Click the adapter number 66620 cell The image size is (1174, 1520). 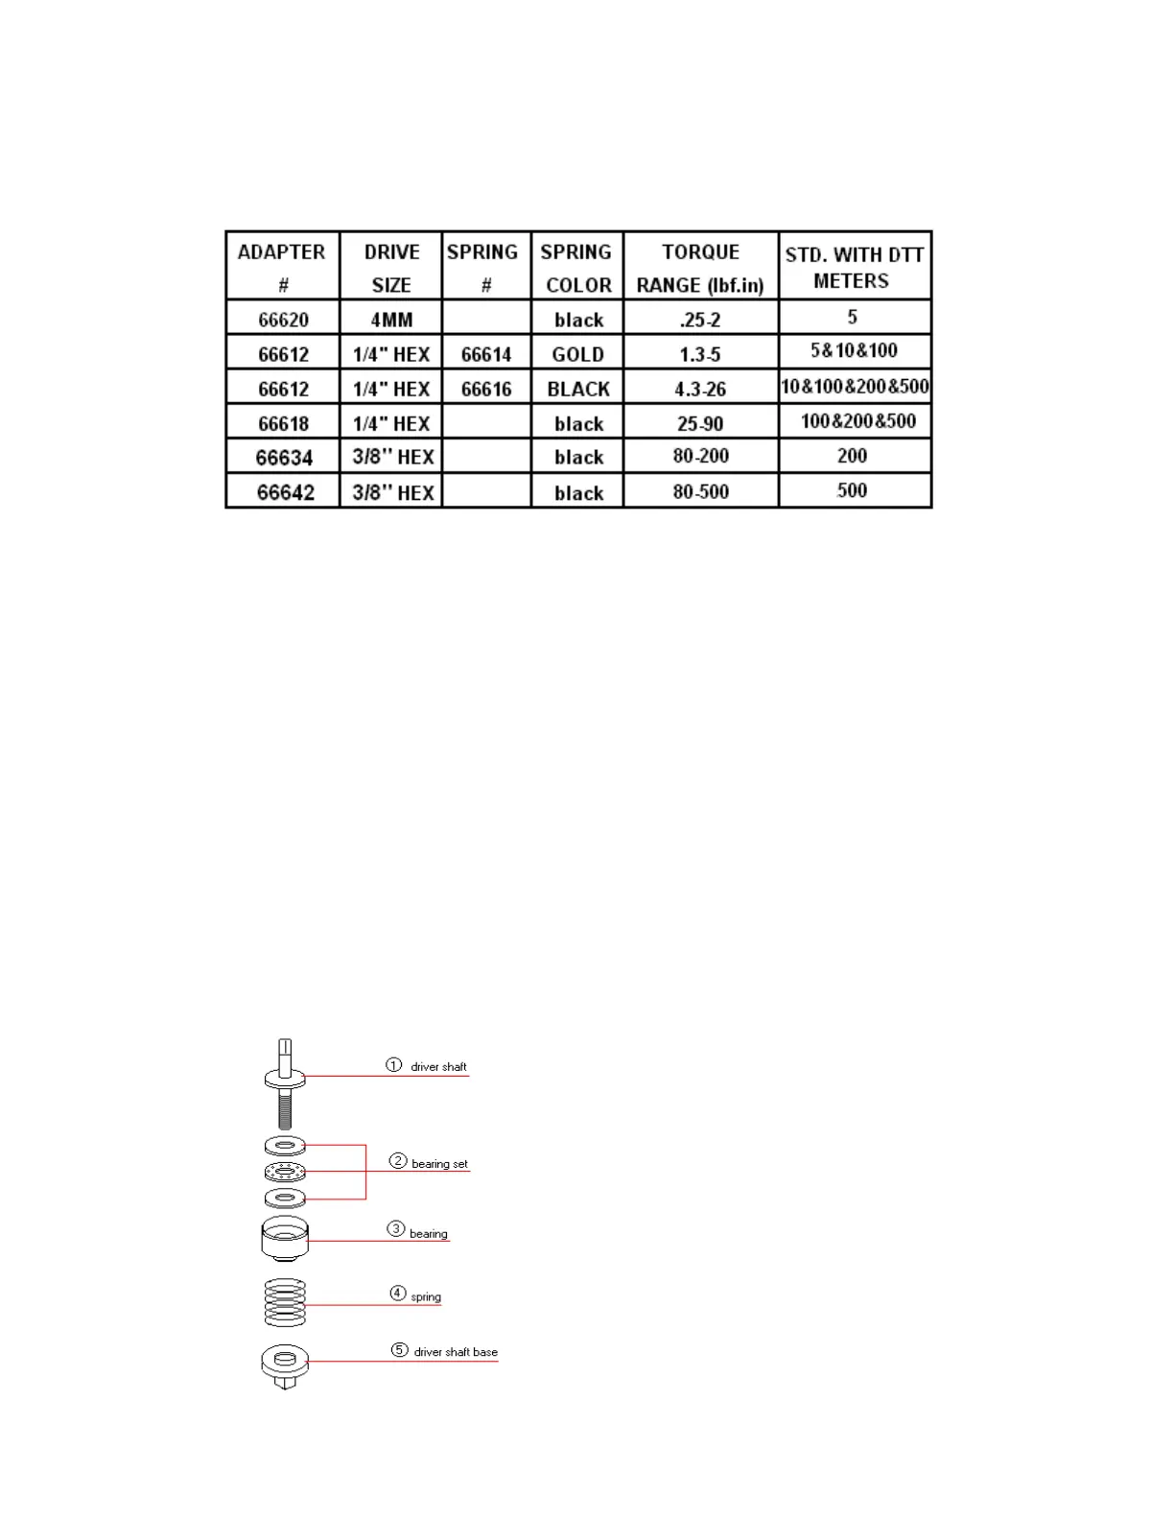click(283, 320)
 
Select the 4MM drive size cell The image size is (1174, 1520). click(391, 320)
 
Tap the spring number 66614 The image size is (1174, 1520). click(486, 354)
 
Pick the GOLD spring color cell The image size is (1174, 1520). click(577, 354)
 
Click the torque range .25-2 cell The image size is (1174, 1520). click(700, 320)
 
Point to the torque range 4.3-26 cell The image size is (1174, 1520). click(700, 389)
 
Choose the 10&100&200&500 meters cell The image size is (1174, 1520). click(855, 387)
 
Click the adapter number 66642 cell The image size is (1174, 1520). click(285, 492)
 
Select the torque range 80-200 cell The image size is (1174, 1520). click(700, 456)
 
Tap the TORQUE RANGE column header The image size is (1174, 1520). click(700, 268)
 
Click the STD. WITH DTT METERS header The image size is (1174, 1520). click(854, 268)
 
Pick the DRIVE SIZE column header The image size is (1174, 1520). click(391, 268)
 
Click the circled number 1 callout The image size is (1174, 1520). click(393, 1065)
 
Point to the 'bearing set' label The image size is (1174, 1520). click(439, 1164)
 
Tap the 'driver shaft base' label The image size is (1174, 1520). click(456, 1352)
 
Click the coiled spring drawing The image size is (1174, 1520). click(285, 1302)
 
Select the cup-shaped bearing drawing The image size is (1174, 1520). click(285, 1238)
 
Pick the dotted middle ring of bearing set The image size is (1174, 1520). click(285, 1172)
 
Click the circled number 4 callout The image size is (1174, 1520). click(397, 1294)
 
